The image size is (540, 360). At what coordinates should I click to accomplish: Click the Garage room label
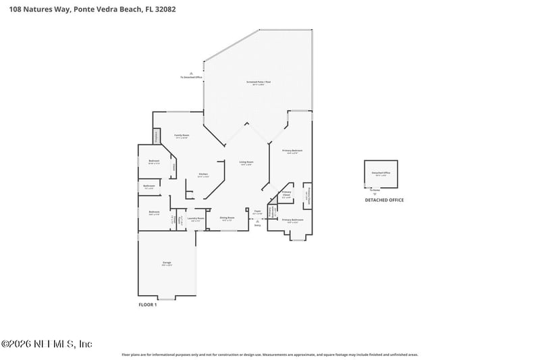tap(167, 263)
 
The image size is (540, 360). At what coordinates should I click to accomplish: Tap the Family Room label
tap(182, 136)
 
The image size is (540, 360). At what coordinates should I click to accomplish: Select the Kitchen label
tap(202, 174)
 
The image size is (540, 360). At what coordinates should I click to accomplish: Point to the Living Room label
tap(246, 162)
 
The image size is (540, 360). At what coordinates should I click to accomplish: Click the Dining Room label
tap(227, 217)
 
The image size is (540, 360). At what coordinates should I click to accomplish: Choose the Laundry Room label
tap(196, 218)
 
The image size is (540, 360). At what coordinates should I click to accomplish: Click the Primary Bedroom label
tap(292, 151)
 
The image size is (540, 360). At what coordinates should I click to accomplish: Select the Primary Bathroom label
tap(292, 220)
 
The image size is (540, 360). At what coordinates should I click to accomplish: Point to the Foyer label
tap(257, 211)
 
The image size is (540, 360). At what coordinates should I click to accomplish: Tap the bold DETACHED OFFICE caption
tap(384, 201)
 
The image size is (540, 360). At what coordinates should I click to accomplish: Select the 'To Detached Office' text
tap(191, 78)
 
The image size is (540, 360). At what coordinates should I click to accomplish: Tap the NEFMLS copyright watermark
tap(47, 344)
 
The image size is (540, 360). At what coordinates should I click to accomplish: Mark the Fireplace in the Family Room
tap(157, 136)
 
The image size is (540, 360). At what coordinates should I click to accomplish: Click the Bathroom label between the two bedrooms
tap(149, 186)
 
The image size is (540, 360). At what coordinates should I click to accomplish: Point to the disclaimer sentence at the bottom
tap(269, 354)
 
